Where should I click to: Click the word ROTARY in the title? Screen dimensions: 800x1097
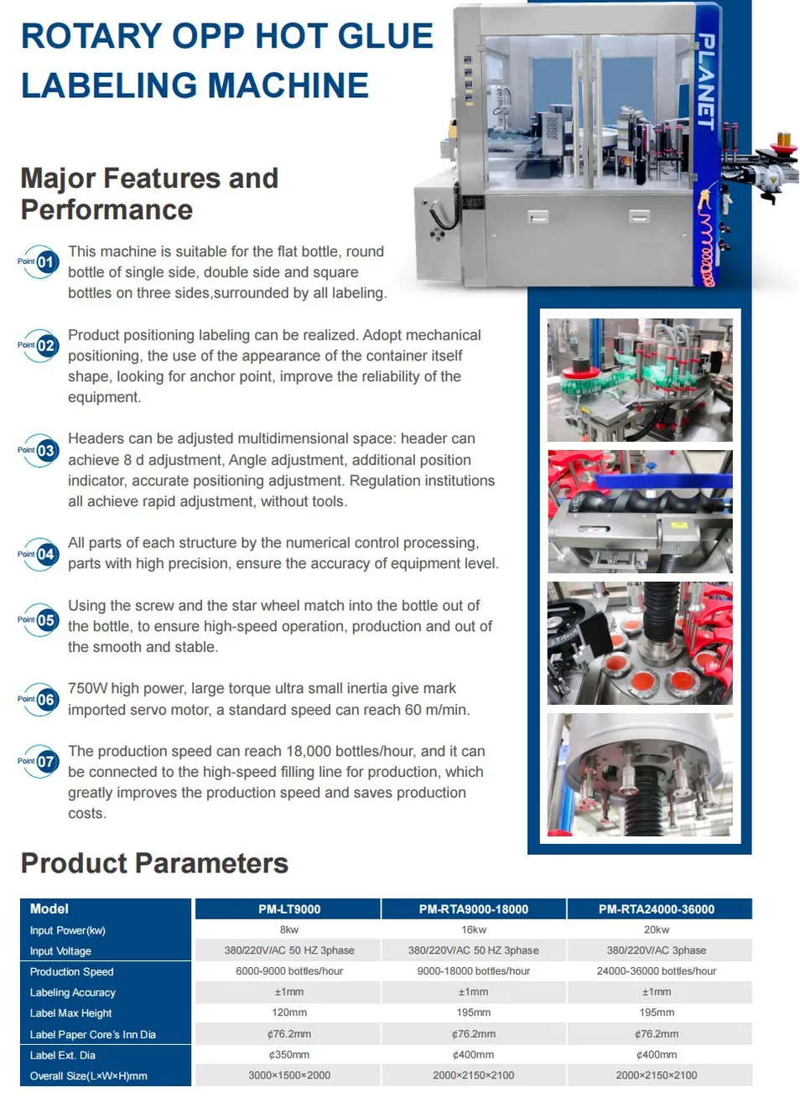[91, 36]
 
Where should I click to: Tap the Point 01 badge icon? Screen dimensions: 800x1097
[39, 262]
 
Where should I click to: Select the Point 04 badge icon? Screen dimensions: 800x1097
[39, 554]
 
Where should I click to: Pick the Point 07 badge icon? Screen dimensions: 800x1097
[39, 761]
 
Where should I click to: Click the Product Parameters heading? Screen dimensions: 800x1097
[154, 863]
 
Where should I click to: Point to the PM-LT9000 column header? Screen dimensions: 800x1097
[289, 909]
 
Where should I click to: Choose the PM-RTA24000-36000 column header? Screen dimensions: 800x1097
[657, 909]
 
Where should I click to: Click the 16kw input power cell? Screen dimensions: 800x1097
[474, 929]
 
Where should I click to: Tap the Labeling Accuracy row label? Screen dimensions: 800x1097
[72, 992]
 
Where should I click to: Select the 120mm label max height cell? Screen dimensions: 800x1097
[289, 1012]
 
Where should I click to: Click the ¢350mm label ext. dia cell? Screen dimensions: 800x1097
[289, 1054]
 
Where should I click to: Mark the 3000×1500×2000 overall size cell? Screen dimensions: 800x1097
[289, 1075]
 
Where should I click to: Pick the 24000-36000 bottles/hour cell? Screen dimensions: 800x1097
[657, 970]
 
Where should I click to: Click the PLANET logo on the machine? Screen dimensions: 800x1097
[705, 81]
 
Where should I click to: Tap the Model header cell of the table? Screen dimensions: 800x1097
[49, 909]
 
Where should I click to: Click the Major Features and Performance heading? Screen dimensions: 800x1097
[149, 194]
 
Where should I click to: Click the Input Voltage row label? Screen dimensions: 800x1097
[60, 950]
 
